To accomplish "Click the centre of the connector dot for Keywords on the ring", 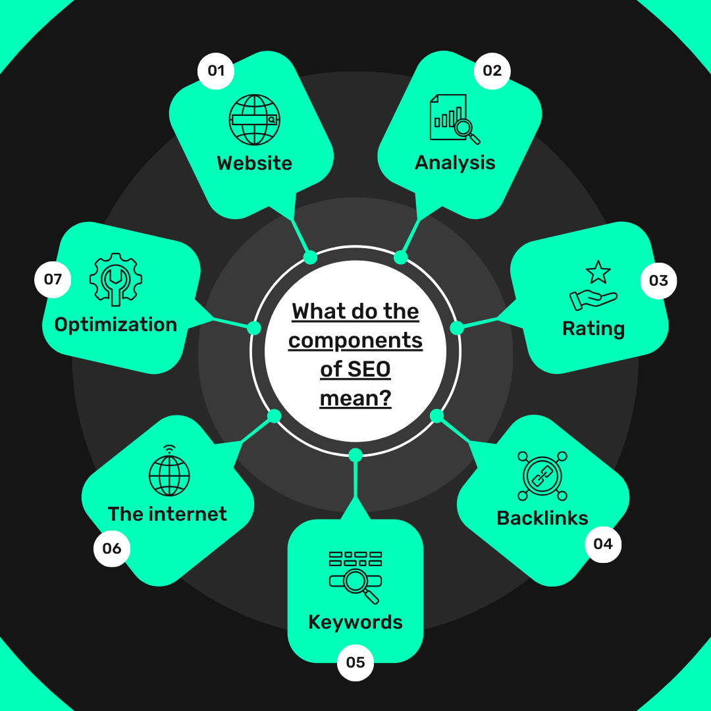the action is (x=355, y=455).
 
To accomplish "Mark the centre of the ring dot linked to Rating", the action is (x=457, y=327).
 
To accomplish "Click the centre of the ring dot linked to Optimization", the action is (x=254, y=328).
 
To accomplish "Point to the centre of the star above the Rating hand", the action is (x=598, y=272).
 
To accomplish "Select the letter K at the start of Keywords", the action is (x=314, y=622).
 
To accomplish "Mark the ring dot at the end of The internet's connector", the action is (x=274, y=416).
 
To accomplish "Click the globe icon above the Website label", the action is (x=254, y=120).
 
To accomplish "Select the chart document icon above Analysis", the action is (x=455, y=119).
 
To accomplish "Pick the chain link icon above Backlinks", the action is (x=542, y=476).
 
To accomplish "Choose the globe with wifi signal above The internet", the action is (x=169, y=471).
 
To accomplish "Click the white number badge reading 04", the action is (x=603, y=544).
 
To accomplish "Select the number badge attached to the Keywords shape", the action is (x=355, y=662).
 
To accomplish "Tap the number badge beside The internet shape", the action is (x=111, y=548).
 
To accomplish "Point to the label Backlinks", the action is (x=542, y=518).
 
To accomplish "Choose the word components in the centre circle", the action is (x=355, y=341).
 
